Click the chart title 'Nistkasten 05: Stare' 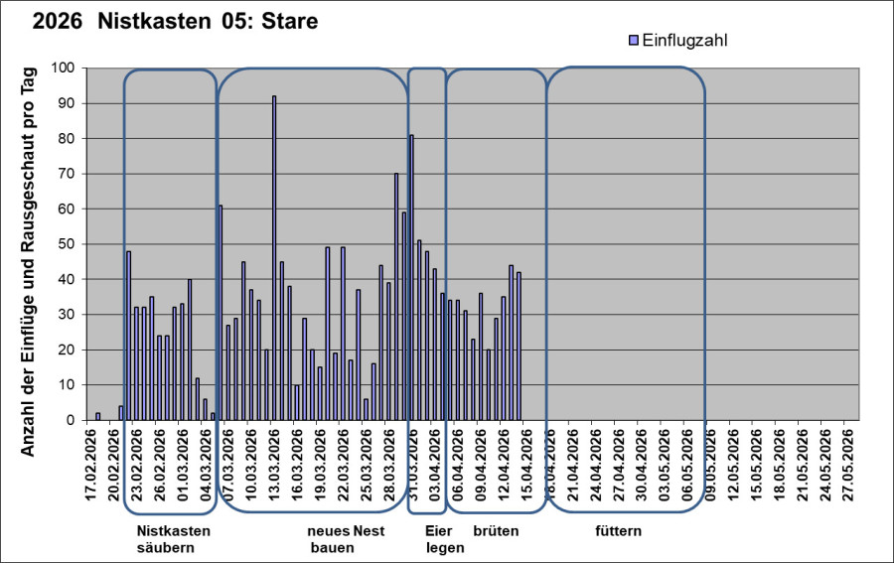[209, 21]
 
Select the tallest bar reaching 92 [274, 258]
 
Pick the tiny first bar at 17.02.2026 [97, 416]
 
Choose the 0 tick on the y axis [71, 420]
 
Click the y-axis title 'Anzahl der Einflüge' [29, 261]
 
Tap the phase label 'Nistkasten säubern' [173, 539]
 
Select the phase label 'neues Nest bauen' [345, 539]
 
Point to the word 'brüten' [496, 531]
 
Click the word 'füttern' [618, 531]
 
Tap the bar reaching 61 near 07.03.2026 [221, 313]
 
